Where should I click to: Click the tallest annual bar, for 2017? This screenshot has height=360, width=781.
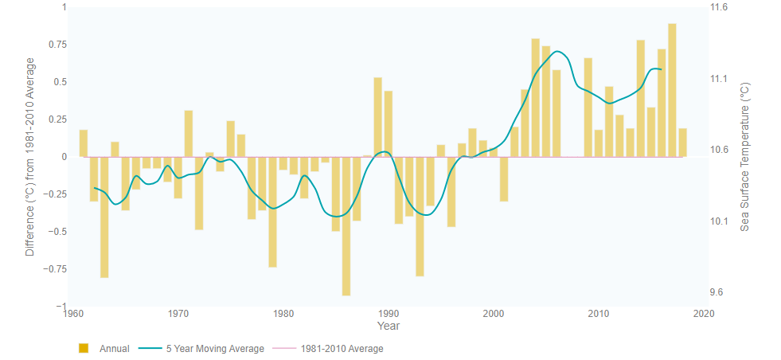pos(672,90)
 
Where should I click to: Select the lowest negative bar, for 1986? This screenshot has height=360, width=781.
pos(346,226)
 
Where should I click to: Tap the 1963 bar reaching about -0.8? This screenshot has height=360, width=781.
pos(104,217)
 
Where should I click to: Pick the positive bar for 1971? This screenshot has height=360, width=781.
pos(189,134)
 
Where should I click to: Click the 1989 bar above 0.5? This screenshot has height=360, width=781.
pos(377,117)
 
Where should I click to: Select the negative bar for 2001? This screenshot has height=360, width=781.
pos(504,178)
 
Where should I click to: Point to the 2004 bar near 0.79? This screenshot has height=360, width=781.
pos(535,97)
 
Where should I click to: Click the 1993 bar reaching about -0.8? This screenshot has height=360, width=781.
pos(420,216)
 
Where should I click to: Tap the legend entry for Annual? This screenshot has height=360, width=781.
pos(104,349)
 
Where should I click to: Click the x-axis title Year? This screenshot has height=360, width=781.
pos(388,327)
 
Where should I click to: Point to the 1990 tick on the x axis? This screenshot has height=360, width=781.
pos(388,314)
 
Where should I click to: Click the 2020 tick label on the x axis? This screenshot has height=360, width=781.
pos(703,314)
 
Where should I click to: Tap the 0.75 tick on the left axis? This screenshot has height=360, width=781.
pos(55,45)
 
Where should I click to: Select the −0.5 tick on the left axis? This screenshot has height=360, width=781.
pos(55,232)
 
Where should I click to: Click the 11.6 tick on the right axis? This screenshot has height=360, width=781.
pos(719,7)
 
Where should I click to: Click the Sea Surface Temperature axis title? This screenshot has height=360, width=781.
pos(745,157)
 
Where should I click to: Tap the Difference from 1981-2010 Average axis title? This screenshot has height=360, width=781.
pos(30,157)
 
